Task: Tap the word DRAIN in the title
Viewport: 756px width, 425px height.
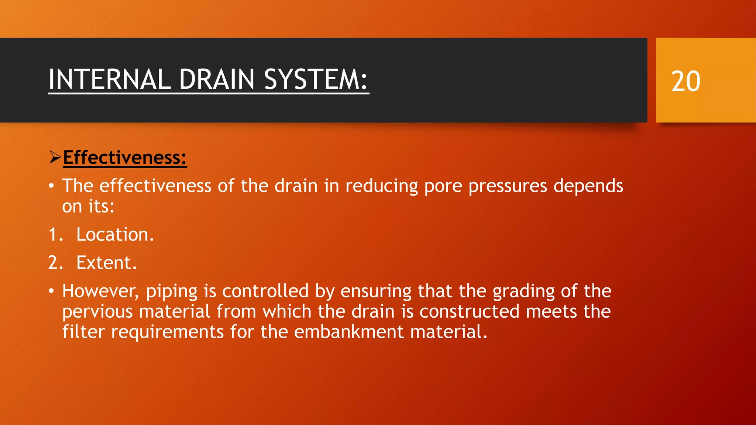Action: tap(217, 79)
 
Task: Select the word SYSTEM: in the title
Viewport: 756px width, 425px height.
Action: tap(316, 79)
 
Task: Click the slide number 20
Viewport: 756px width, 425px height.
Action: tap(685, 81)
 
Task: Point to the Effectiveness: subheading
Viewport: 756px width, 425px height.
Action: tap(125, 158)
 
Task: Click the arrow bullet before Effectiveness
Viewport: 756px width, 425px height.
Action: tap(55, 158)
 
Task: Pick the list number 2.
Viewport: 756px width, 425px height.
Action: tap(54, 263)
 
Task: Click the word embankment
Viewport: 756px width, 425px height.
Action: tap(349, 332)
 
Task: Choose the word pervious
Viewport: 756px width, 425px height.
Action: tap(97, 312)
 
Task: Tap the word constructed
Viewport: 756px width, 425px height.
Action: tap(470, 311)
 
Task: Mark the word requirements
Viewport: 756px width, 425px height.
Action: tap(167, 332)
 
